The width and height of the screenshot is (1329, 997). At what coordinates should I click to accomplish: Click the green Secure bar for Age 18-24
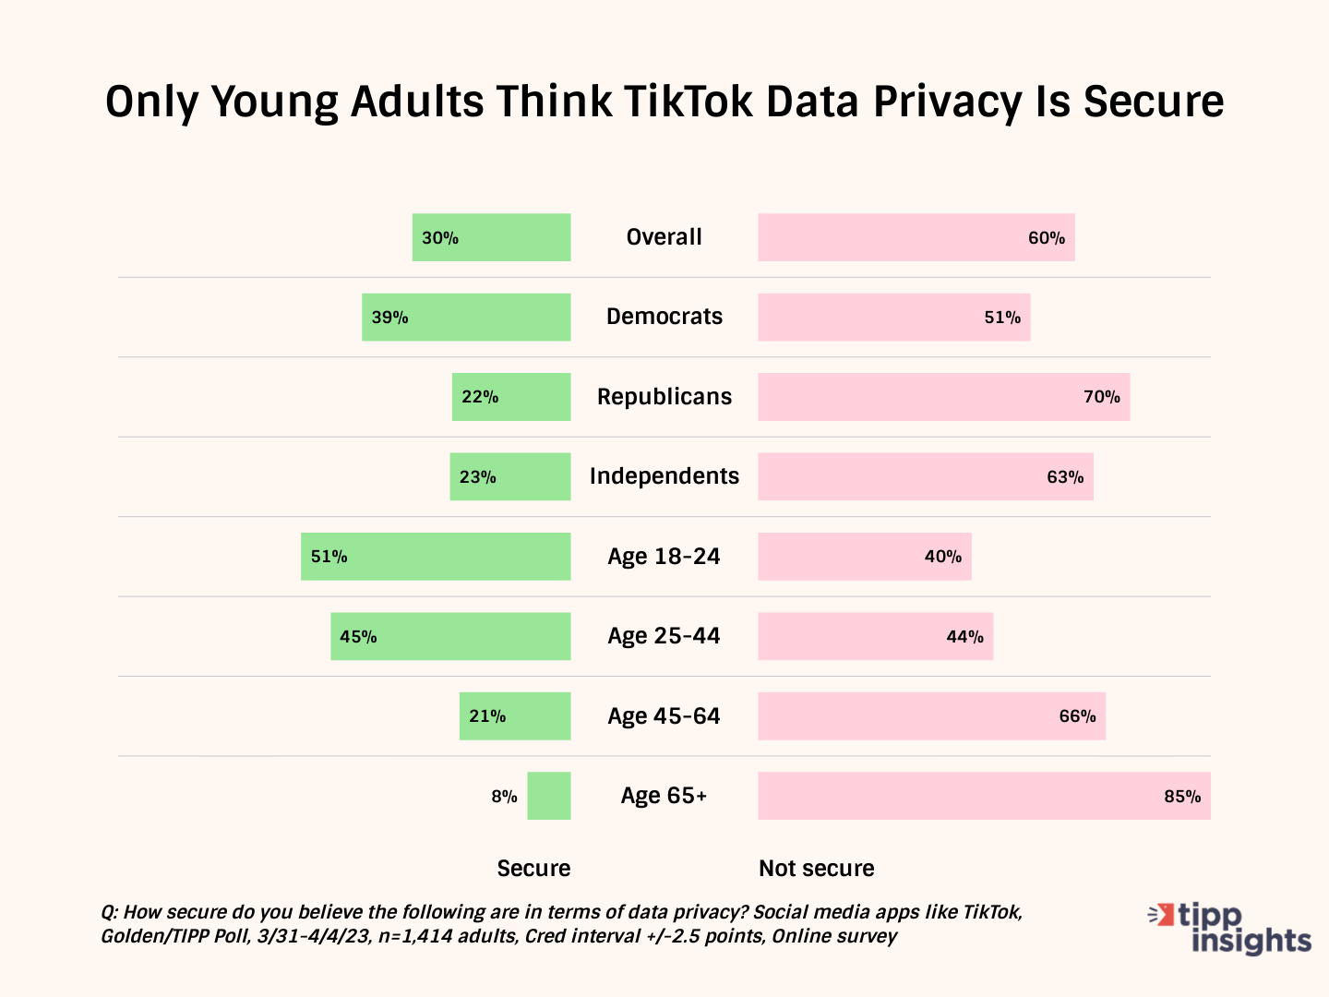pyautogui.click(x=436, y=557)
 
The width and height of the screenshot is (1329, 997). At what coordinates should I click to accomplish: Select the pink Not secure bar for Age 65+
pyautogui.click(x=984, y=796)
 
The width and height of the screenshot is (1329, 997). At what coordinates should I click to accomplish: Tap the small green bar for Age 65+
pyautogui.click(x=549, y=796)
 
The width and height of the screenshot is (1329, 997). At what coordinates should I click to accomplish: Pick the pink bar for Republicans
pyautogui.click(x=943, y=397)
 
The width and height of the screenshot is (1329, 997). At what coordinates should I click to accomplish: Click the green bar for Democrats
pyautogui.click(x=466, y=318)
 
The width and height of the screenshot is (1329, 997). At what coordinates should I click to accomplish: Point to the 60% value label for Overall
pyautogui.click(x=1047, y=238)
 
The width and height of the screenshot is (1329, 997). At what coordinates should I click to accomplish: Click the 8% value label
pyautogui.click(x=504, y=797)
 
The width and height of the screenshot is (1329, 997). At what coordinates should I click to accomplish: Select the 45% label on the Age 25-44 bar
pyautogui.click(x=358, y=637)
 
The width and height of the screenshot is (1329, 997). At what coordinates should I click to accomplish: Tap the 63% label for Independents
pyautogui.click(x=1065, y=477)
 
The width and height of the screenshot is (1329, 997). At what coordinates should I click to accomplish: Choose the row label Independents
pyautogui.click(x=664, y=476)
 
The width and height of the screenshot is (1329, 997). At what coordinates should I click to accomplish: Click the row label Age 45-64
pyautogui.click(x=664, y=716)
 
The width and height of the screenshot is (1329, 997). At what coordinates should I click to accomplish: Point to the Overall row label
pyautogui.click(x=664, y=237)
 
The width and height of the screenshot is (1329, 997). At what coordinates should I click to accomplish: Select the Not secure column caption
pyautogui.click(x=817, y=869)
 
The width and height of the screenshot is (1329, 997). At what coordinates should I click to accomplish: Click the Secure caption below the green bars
pyautogui.click(x=533, y=869)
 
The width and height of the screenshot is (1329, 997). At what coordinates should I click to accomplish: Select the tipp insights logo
pyautogui.click(x=1229, y=928)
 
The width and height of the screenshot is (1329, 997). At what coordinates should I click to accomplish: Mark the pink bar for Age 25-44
pyautogui.click(x=875, y=637)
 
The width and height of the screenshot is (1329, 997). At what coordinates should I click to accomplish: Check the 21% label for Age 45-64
pyautogui.click(x=487, y=716)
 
